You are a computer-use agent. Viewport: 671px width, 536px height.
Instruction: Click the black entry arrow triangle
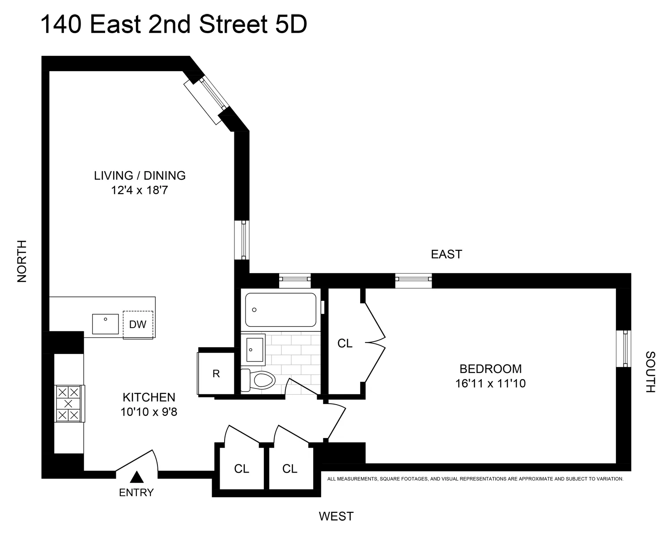[x=136, y=477]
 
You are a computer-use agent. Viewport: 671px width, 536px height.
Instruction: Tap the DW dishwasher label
[x=138, y=325]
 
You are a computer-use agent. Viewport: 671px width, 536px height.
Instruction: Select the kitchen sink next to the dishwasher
[x=106, y=324]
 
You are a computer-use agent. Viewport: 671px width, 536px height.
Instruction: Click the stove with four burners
[x=68, y=404]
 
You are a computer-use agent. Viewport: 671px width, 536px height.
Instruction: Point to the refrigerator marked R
[x=216, y=373]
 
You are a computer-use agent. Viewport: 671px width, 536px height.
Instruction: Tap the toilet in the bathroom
[x=259, y=380]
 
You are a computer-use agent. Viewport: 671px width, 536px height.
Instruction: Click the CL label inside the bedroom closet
[x=345, y=343]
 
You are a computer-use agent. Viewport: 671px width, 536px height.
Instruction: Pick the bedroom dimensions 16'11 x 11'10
[x=491, y=384]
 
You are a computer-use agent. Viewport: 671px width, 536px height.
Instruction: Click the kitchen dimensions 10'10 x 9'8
[x=149, y=412]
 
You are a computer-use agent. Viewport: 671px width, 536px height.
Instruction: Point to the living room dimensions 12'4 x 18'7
[x=139, y=191]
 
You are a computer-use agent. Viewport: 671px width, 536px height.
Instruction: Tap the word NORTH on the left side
[x=22, y=261]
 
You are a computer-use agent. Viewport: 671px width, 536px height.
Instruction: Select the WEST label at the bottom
[x=336, y=516]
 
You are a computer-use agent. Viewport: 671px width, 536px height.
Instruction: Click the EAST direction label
[x=446, y=254]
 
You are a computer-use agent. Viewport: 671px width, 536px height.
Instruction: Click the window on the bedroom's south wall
[x=624, y=349]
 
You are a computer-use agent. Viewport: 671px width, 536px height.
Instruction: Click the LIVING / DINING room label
[x=140, y=176]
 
